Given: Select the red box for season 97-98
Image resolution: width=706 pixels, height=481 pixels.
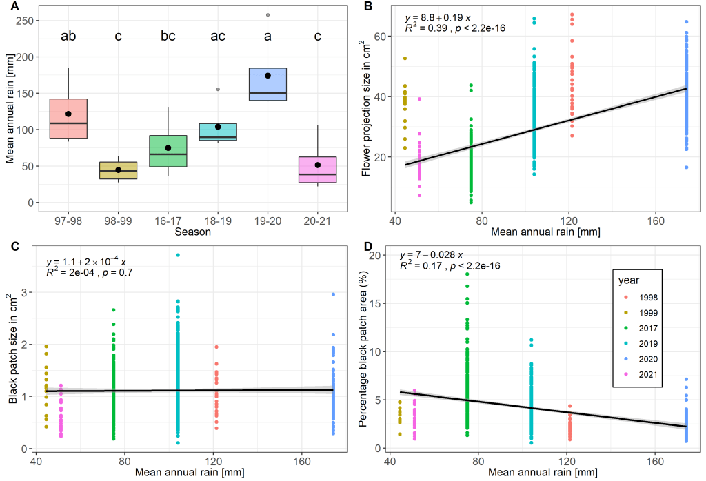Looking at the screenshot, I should pyautogui.click(x=68, y=119).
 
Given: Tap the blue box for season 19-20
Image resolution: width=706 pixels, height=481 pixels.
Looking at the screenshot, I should pyautogui.click(x=268, y=84).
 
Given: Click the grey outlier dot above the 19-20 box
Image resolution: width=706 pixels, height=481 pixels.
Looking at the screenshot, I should pyautogui.click(x=268, y=14).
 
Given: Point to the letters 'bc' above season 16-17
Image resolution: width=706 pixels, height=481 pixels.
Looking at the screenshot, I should pyautogui.click(x=168, y=36).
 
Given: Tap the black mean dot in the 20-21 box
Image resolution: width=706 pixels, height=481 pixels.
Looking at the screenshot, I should pyautogui.click(x=317, y=165).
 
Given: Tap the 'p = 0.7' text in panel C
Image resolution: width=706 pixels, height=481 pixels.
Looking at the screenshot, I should pyautogui.click(x=117, y=272).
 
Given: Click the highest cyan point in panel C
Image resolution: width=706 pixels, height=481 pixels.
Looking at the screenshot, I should pyautogui.click(x=178, y=255).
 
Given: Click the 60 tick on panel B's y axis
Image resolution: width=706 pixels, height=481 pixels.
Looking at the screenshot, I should pyautogui.click(x=379, y=36).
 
